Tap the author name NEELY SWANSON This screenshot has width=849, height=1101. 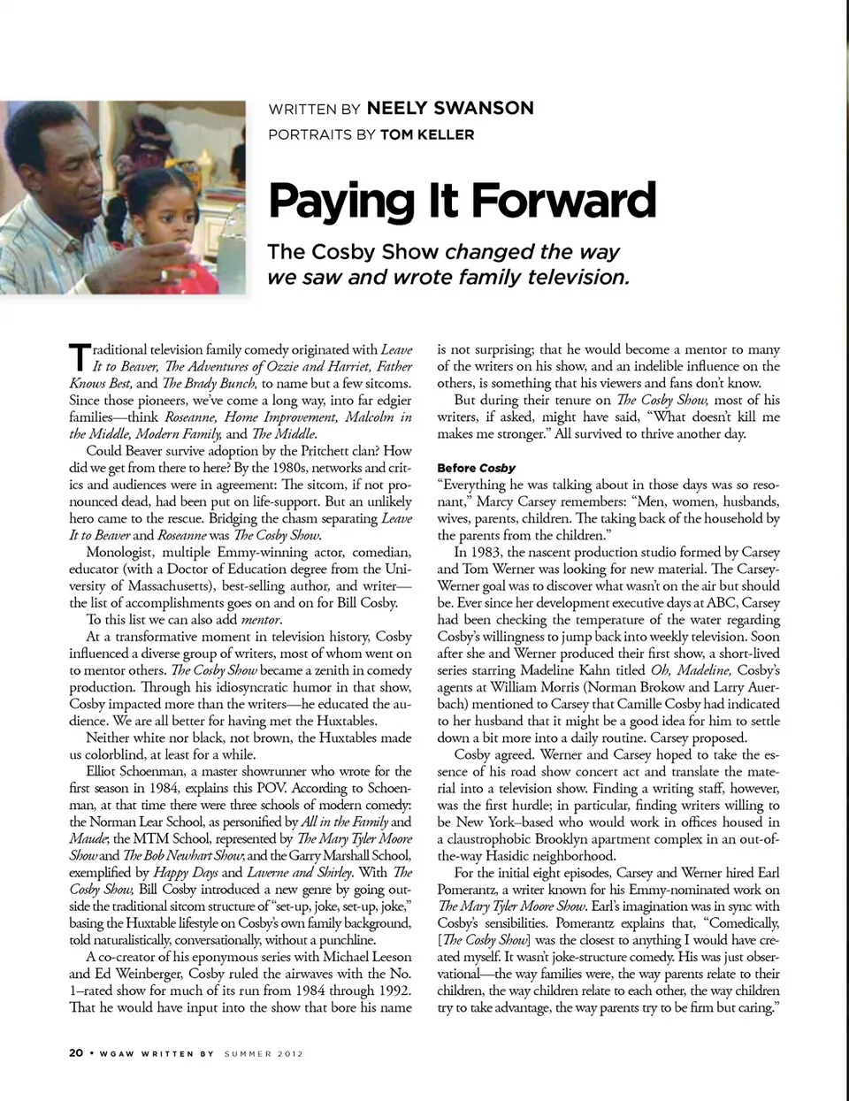[450, 108]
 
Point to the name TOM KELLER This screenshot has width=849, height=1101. [427, 134]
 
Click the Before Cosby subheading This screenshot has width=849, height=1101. [476, 468]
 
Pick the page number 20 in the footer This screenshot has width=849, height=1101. [76, 1053]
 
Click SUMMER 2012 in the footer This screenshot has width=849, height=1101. [264, 1054]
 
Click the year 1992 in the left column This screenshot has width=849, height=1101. [393, 990]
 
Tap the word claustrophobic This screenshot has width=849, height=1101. [491, 839]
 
